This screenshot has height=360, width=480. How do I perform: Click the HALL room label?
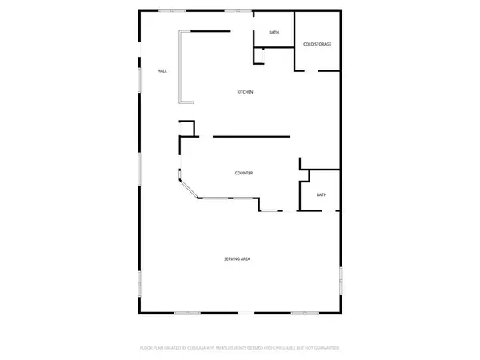162,72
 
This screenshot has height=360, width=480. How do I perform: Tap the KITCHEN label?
245,93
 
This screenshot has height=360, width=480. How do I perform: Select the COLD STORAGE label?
317,44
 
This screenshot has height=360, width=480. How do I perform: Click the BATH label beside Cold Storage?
274,33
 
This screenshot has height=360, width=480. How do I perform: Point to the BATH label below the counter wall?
322,195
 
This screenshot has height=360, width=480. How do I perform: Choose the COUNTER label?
244,174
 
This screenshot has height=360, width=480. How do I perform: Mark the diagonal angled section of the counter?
190,189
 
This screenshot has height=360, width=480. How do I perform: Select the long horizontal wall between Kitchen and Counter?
251,136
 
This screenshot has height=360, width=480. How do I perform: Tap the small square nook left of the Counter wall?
188,129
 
